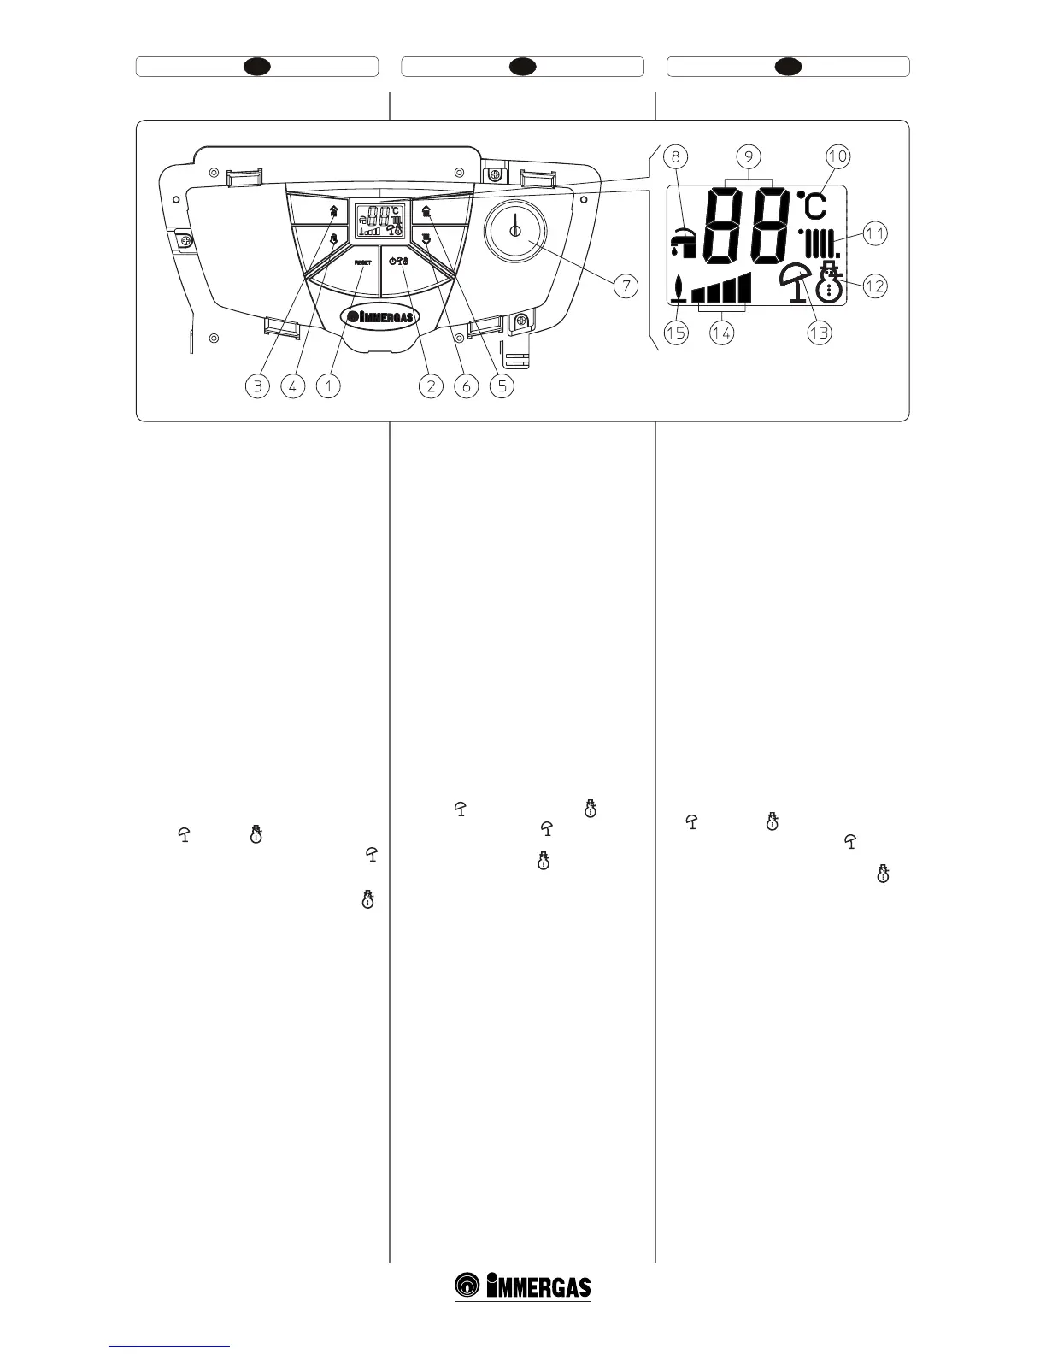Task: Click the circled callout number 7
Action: pos(626,286)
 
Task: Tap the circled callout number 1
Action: pos(328,386)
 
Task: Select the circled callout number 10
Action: pos(837,156)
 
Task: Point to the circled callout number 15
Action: pos(676,332)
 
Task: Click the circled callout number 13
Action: pos(819,332)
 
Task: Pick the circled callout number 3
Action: pos(257,386)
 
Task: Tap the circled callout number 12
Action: pos(875,286)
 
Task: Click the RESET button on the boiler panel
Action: pos(362,262)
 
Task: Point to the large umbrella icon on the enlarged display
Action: pos(797,282)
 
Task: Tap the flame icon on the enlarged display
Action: pos(679,290)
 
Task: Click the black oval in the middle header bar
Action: pos(523,67)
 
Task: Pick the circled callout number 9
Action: pos(749,156)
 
